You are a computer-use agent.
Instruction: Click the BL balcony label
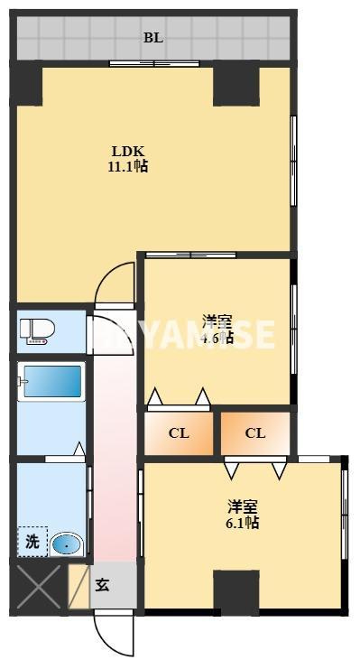pos(153,38)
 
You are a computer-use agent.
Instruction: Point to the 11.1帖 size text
pos(129,167)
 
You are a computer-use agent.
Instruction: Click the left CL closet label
pos(179,433)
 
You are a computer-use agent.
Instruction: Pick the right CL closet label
pos(255,433)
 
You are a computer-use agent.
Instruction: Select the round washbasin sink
pos(66,544)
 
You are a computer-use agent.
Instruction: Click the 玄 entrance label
pos(105,586)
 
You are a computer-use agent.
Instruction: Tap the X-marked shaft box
pos(37,587)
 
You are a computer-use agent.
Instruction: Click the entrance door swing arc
pos(115,636)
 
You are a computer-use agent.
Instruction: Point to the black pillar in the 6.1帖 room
pos(235,592)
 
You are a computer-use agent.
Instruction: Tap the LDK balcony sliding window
pos(153,63)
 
